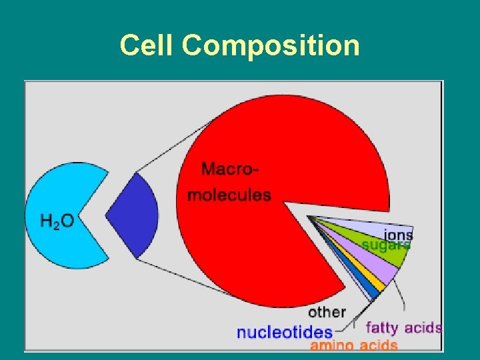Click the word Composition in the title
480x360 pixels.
pyautogui.click(x=271, y=45)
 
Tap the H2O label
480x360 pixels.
pyautogui.click(x=57, y=220)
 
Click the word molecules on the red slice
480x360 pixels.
pyautogui.click(x=229, y=195)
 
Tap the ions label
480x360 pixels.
pyautogui.click(x=398, y=234)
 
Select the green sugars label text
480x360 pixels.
pyautogui.click(x=386, y=245)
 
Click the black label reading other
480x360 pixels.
pyautogui.click(x=327, y=312)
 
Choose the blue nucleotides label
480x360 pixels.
pyautogui.click(x=285, y=331)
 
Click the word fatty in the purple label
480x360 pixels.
pyautogui.click(x=382, y=327)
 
